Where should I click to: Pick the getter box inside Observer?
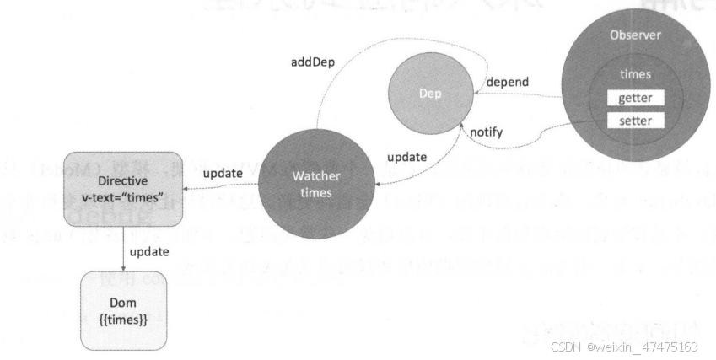tap(635, 99)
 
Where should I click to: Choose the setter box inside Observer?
tap(635, 121)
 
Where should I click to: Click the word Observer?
tap(635, 35)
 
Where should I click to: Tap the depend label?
tap(509, 82)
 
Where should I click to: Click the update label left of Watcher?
tap(224, 173)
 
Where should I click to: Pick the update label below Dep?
tap(406, 157)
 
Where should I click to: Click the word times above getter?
tap(635, 75)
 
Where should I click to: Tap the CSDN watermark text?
tap(623, 347)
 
